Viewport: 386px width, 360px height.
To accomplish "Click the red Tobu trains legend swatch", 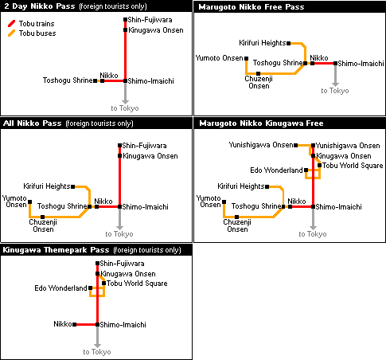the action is tap(11, 24).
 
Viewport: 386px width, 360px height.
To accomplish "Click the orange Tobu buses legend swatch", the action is tap(11, 33).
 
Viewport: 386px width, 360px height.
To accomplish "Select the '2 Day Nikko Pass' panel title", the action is tap(40, 6).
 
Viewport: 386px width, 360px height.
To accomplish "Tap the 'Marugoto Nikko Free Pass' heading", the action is tap(251, 7).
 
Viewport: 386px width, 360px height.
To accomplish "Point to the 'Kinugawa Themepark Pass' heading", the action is tap(56, 250).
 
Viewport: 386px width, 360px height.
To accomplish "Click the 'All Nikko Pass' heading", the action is tap(32, 123).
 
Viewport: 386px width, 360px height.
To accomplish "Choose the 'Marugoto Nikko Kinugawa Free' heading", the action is tap(261, 123).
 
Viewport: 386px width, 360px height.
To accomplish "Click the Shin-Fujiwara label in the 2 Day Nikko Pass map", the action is tap(150, 20).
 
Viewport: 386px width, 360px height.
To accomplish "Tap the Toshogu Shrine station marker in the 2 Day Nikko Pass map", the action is tap(96, 80).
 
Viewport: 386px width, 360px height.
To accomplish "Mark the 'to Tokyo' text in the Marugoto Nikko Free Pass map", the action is tap(335, 91).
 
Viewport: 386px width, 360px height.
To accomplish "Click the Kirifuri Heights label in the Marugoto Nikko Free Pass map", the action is tap(263, 43).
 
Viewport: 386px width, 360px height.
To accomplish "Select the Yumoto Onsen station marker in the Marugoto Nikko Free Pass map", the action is tap(247, 58).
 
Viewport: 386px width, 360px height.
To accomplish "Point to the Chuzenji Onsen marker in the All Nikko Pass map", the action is tap(42, 217).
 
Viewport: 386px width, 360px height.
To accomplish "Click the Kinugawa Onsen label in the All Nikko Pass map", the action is tap(150, 156).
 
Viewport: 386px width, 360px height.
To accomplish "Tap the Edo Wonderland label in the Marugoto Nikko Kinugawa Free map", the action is tap(276, 170).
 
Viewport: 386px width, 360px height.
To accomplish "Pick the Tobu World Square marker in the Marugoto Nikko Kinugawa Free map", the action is tap(319, 166).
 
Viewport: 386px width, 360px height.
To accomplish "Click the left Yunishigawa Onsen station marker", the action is tap(296, 145).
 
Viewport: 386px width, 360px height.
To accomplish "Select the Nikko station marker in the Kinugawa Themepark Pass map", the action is tap(75, 324).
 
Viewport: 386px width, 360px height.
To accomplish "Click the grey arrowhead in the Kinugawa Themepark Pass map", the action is tap(97, 345).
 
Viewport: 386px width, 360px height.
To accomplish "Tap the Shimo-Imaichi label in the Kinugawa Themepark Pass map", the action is tap(123, 325).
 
